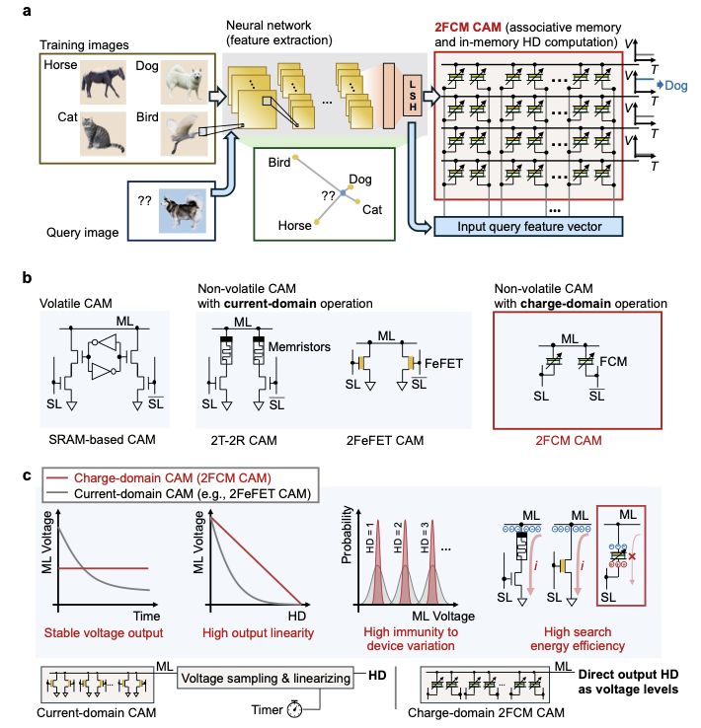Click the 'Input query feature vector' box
point(529,228)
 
